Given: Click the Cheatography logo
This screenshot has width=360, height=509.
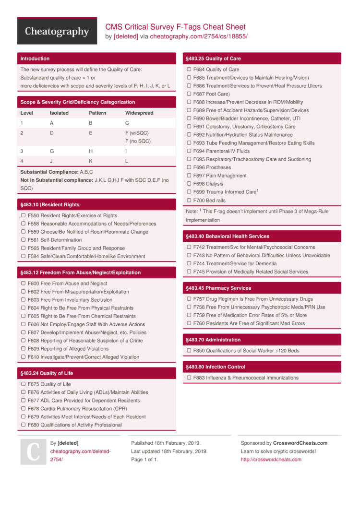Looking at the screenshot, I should (57, 32).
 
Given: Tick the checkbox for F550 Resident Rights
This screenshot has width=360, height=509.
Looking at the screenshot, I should (23, 215).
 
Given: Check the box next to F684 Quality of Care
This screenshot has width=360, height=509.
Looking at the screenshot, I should (189, 70).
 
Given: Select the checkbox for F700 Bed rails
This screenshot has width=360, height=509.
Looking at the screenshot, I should (189, 201).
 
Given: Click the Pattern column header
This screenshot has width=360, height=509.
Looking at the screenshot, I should (97, 113).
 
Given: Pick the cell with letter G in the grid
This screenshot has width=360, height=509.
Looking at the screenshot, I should (52, 151).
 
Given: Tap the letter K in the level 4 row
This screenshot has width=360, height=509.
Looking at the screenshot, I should (91, 161).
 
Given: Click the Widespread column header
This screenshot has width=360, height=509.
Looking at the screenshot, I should (139, 113).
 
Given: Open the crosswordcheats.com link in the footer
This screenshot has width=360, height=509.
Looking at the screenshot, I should (271, 460).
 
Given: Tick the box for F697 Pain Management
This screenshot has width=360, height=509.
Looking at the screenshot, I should (189, 176).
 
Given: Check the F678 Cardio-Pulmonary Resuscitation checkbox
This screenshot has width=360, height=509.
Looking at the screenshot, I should (23, 409).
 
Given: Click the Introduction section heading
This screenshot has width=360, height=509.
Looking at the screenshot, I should (35, 59).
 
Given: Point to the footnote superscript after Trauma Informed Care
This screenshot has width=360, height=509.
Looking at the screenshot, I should (258, 190).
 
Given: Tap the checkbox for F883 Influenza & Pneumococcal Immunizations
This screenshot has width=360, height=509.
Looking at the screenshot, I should (189, 378).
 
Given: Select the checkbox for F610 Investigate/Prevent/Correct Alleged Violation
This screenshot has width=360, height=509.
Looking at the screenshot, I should (23, 357).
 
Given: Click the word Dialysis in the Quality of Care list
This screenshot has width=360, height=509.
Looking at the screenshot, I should (215, 184).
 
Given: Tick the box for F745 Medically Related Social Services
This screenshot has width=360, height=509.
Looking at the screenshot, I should (189, 272).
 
